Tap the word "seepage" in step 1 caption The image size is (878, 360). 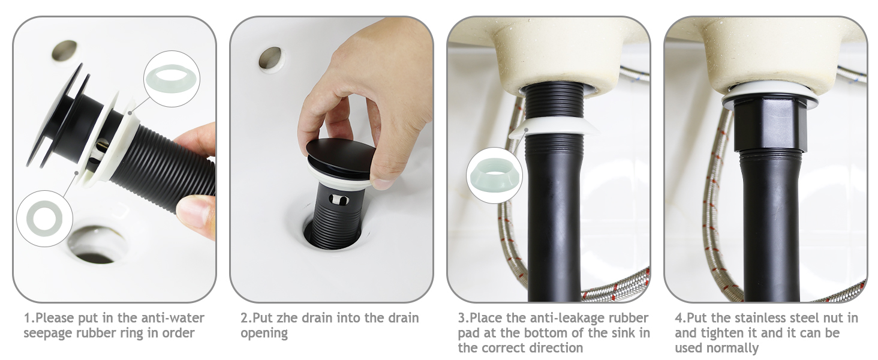(x=47, y=333)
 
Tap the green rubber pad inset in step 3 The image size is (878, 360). (x=494, y=175)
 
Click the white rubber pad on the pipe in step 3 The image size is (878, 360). (x=552, y=127)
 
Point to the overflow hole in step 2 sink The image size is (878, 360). (x=270, y=58)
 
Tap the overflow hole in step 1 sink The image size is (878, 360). (x=64, y=50)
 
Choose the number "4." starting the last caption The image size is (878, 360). (x=680, y=318)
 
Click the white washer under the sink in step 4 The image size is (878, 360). (x=770, y=95)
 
